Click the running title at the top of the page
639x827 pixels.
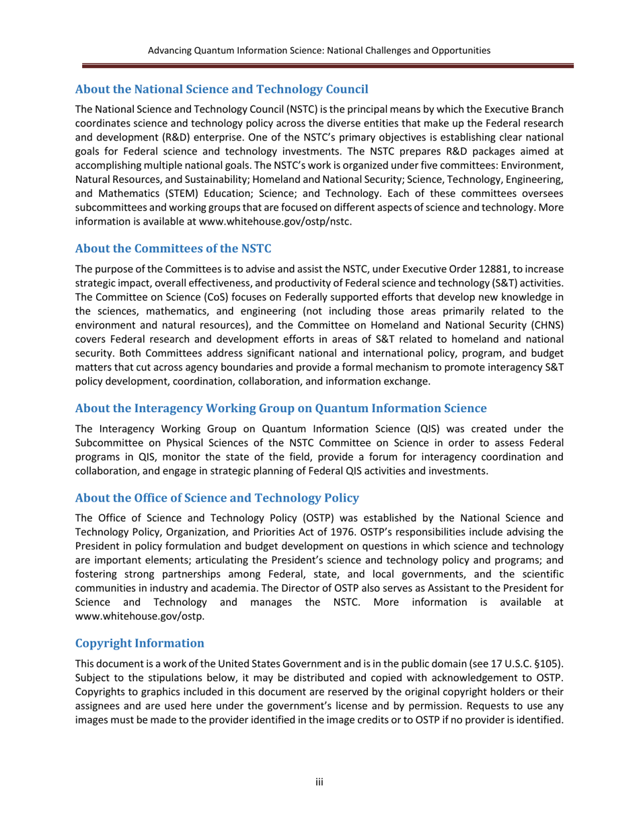[319, 50]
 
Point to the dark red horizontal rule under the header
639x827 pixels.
[328, 67]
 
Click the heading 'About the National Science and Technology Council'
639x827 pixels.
[221, 89]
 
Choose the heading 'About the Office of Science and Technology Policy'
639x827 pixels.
[217, 498]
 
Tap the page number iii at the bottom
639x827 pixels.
[320, 782]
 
